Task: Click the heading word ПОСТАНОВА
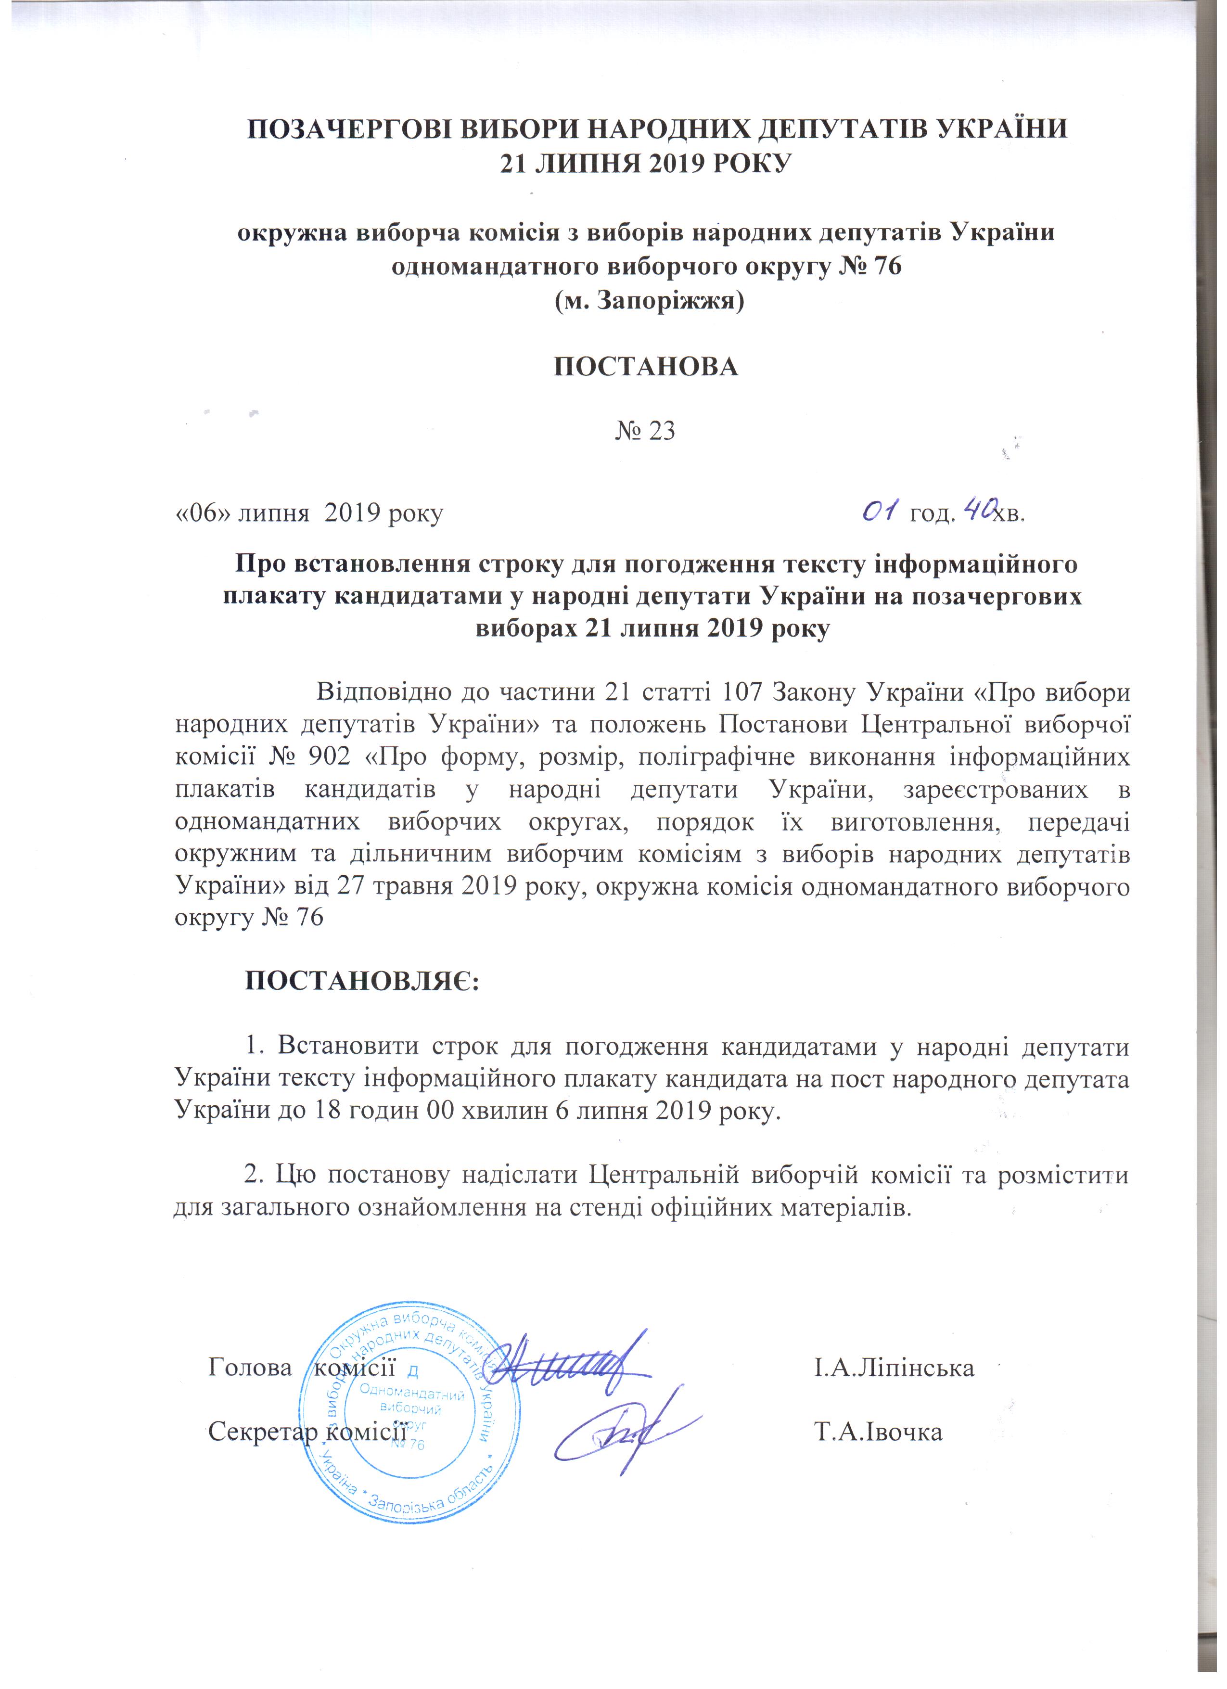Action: coord(646,367)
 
